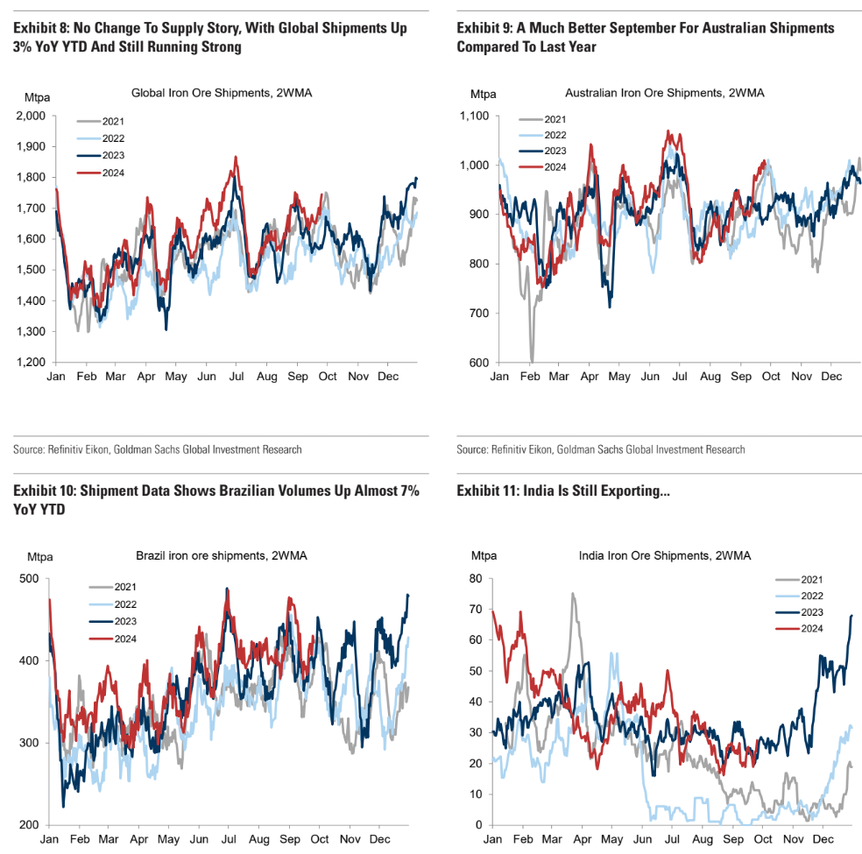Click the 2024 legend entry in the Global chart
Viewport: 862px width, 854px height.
point(113,173)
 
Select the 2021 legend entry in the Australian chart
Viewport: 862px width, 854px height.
point(555,119)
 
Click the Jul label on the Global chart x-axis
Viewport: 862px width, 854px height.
point(237,375)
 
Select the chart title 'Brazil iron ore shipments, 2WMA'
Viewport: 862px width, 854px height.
point(215,555)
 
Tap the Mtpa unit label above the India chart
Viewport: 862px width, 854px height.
point(484,555)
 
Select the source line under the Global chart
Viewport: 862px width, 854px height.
point(158,449)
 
